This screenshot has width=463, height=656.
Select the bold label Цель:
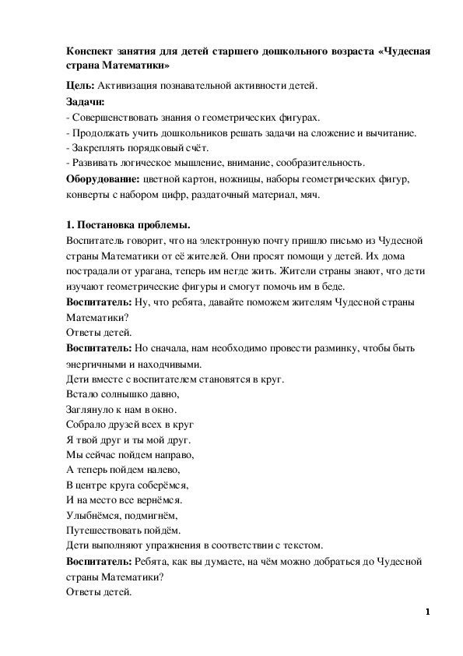pyautogui.click(x=80, y=86)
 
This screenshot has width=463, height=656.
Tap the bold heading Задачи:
pyautogui.click(x=86, y=101)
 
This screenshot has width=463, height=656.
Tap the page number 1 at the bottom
pyautogui.click(x=428, y=612)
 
